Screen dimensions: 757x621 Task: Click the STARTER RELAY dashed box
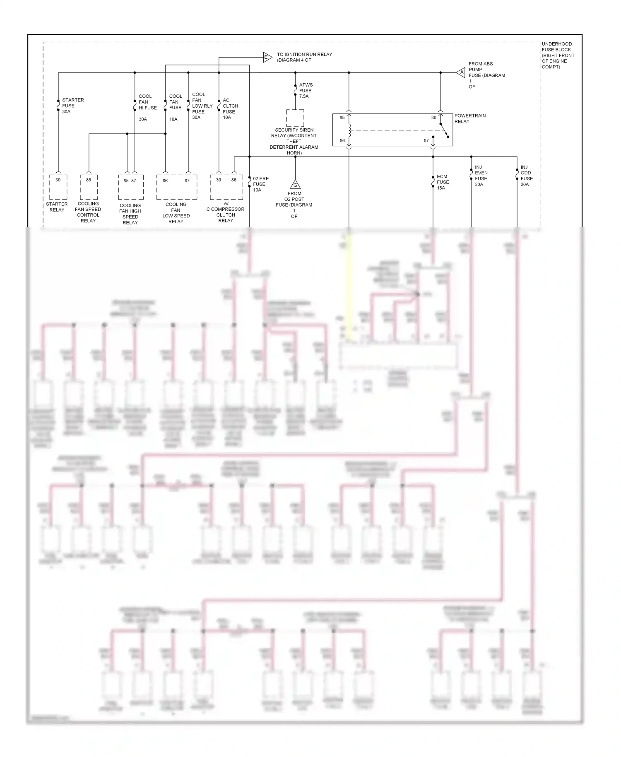[x=58, y=187]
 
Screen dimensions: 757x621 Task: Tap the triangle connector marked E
[x=267, y=57]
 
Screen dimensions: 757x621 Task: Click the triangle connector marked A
[x=461, y=72]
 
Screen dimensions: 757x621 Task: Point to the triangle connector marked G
[x=295, y=184]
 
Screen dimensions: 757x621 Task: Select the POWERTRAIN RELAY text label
[x=470, y=118]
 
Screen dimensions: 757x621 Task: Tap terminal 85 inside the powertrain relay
[x=342, y=118]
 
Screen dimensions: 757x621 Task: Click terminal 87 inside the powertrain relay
[x=426, y=140]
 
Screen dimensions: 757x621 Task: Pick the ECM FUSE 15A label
[x=443, y=182]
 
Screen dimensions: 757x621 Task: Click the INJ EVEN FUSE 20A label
[x=481, y=176]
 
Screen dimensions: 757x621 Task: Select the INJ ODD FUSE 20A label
[x=526, y=176]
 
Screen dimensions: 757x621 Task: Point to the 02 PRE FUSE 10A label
[x=260, y=184]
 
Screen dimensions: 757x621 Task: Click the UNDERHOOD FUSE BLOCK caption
[x=558, y=55]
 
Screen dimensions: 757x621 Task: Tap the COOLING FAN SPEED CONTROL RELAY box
[x=89, y=187]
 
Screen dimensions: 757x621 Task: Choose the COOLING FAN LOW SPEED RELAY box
[x=176, y=187]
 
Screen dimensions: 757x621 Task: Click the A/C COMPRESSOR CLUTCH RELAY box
[x=226, y=187]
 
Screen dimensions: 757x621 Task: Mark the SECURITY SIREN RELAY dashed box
[x=295, y=118]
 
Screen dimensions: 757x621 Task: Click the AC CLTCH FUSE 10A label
[x=230, y=109]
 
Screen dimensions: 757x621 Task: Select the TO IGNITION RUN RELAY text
[x=304, y=57]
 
